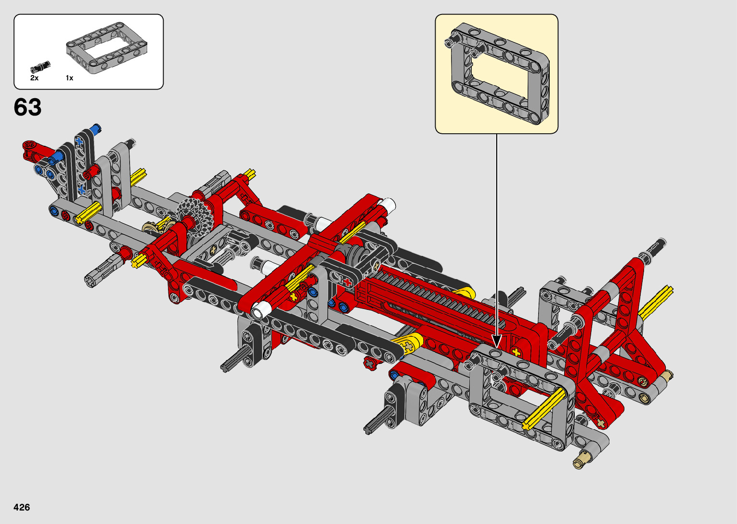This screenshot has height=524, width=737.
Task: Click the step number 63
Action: coord(27,107)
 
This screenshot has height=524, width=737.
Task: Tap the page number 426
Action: coord(22,507)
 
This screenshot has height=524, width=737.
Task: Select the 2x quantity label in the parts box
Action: coord(34,78)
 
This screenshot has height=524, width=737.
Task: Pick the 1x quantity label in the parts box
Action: coord(69,78)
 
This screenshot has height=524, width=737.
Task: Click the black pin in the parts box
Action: coord(40,67)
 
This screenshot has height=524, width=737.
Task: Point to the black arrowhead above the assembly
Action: coord(497,341)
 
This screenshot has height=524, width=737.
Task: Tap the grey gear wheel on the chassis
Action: coord(193,216)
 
